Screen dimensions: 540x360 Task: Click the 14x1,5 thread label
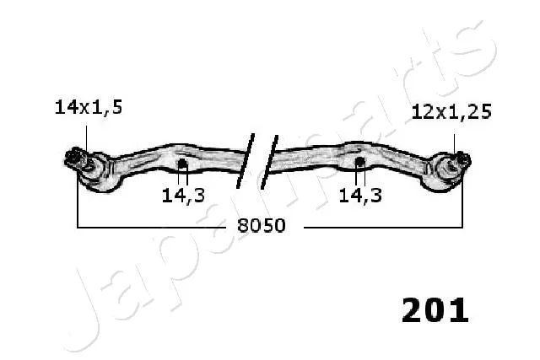tap(89, 107)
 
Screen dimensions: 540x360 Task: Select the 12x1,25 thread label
tap(451, 112)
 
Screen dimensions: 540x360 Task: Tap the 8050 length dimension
tap(262, 226)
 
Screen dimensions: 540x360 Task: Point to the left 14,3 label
tap(183, 196)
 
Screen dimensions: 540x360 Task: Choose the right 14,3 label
tap(360, 196)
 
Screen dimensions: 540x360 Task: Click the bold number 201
tap(435, 310)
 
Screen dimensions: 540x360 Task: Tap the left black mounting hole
tap(182, 164)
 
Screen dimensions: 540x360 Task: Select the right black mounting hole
tap(359, 161)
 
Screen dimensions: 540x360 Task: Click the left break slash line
tap(246, 161)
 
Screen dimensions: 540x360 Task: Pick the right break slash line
tap(269, 162)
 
